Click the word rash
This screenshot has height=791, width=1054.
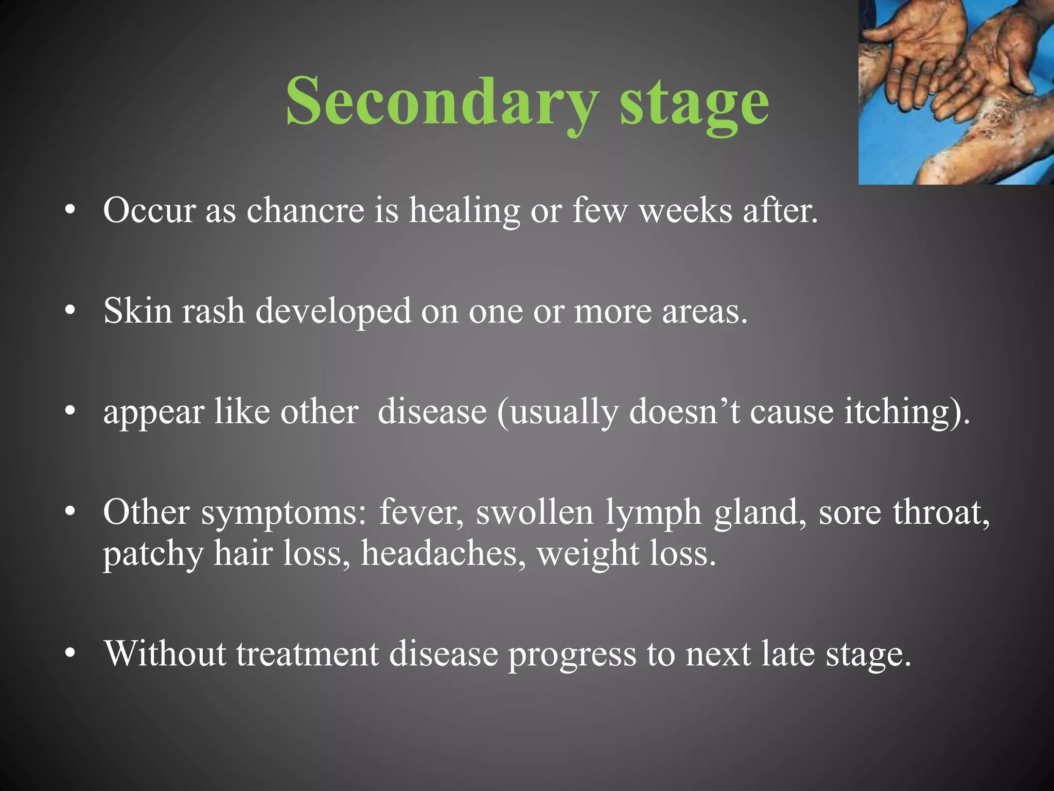pyautogui.click(x=213, y=312)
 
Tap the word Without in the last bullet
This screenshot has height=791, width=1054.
pyautogui.click(x=165, y=654)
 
